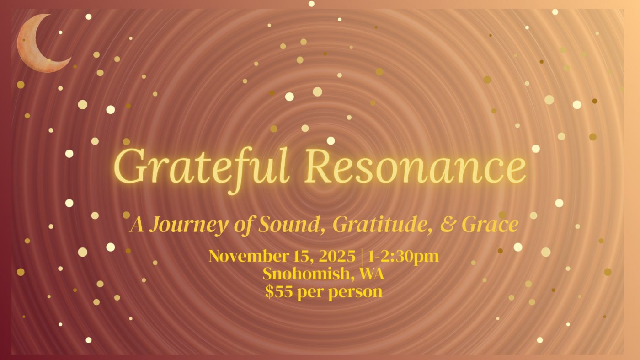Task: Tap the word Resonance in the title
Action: point(415,167)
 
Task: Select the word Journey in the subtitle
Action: point(189,226)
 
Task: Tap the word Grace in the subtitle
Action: point(490,225)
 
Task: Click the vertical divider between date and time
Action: point(362,257)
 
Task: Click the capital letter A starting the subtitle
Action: point(137,225)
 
